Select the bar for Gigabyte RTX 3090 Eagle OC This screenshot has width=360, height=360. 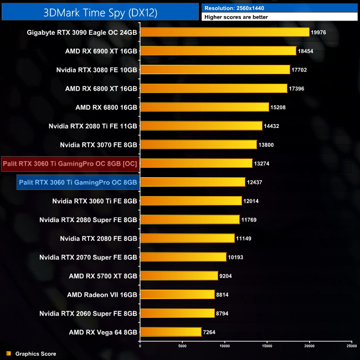[224, 32]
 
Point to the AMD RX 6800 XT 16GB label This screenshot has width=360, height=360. [101, 89]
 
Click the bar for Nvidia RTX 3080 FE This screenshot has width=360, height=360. [215, 70]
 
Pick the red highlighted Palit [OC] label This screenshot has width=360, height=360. [70, 163]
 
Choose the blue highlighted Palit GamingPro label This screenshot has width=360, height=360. [78, 182]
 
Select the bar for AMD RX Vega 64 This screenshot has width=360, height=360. [171, 332]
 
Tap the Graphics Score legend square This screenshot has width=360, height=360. [8, 353]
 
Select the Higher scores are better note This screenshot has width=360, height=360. [236, 17]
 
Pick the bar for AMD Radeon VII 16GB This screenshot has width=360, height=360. [177, 295]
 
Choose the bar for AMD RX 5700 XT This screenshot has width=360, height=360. [179, 276]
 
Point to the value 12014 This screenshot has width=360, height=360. [253, 201]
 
